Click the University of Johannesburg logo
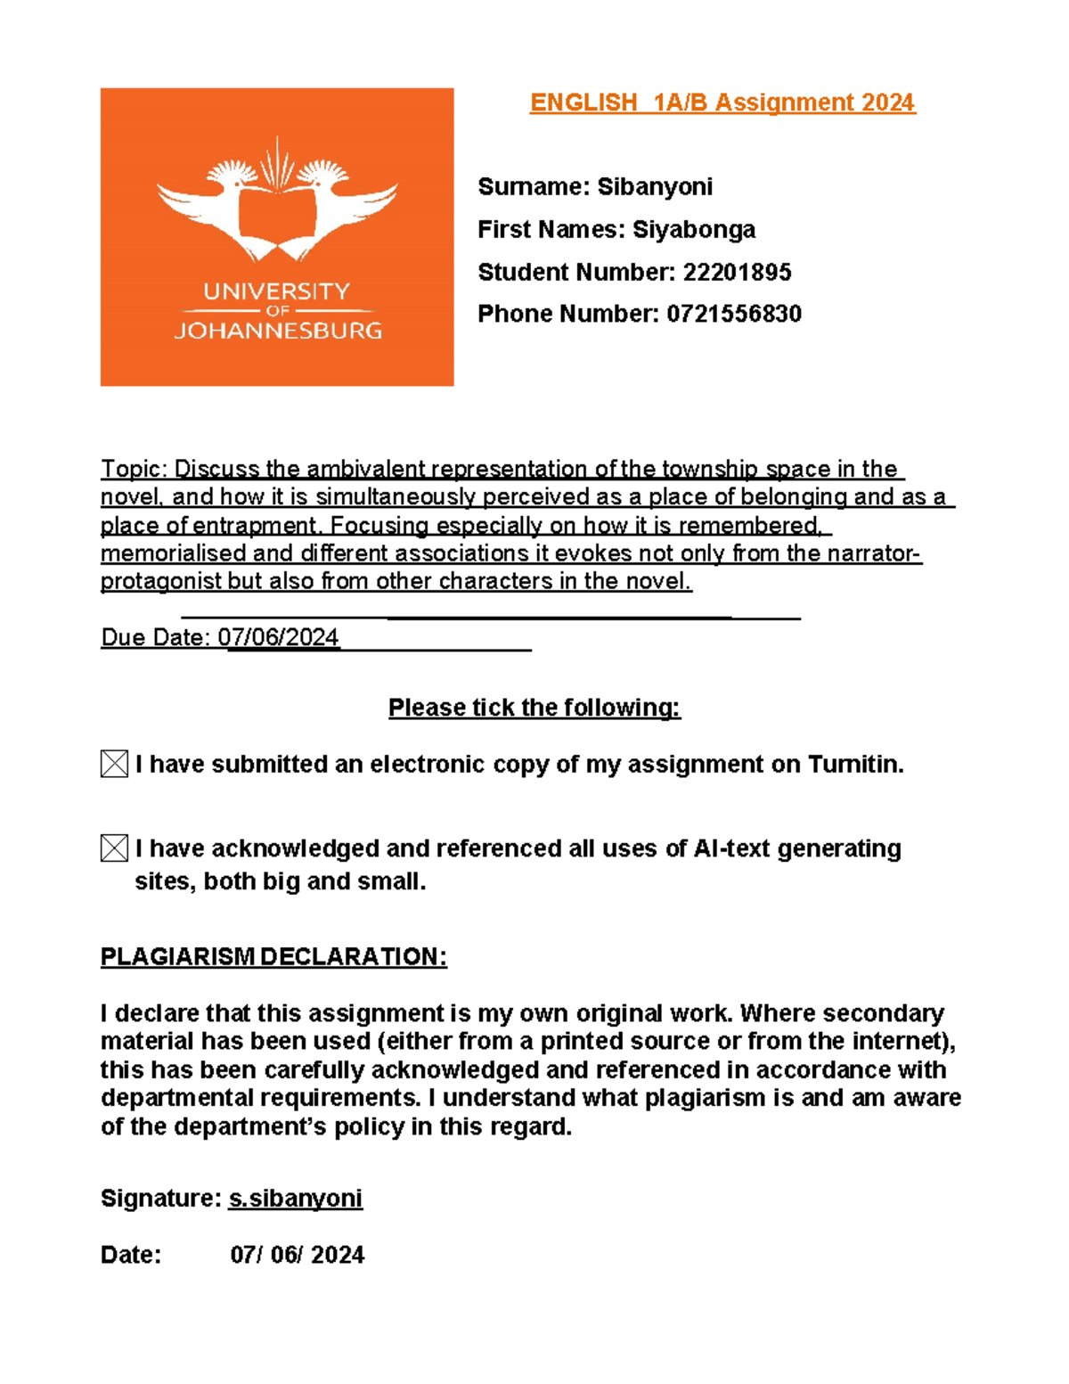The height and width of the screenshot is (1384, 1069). click(x=277, y=236)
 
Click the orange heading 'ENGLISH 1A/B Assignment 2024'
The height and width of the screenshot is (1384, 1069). click(x=722, y=103)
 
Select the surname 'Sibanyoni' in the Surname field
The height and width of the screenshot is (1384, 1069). click(x=655, y=187)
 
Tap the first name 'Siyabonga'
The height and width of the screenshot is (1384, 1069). click(x=694, y=230)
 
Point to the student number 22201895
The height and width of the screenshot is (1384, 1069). click(x=737, y=273)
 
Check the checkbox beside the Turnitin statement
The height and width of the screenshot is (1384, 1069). click(x=114, y=764)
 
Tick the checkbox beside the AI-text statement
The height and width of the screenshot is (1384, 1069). click(x=114, y=848)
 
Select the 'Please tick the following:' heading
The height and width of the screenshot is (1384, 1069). click(x=534, y=708)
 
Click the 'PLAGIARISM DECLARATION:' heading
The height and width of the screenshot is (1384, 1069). click(x=273, y=957)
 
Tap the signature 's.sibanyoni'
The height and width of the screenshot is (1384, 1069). click(x=296, y=1199)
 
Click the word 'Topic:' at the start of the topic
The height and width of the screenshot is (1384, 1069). click(x=135, y=469)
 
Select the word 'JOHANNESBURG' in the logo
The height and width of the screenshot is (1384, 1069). click(x=278, y=331)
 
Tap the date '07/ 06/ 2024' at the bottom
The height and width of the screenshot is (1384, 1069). click(x=298, y=1255)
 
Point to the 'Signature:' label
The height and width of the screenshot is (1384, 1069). click(x=160, y=1199)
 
